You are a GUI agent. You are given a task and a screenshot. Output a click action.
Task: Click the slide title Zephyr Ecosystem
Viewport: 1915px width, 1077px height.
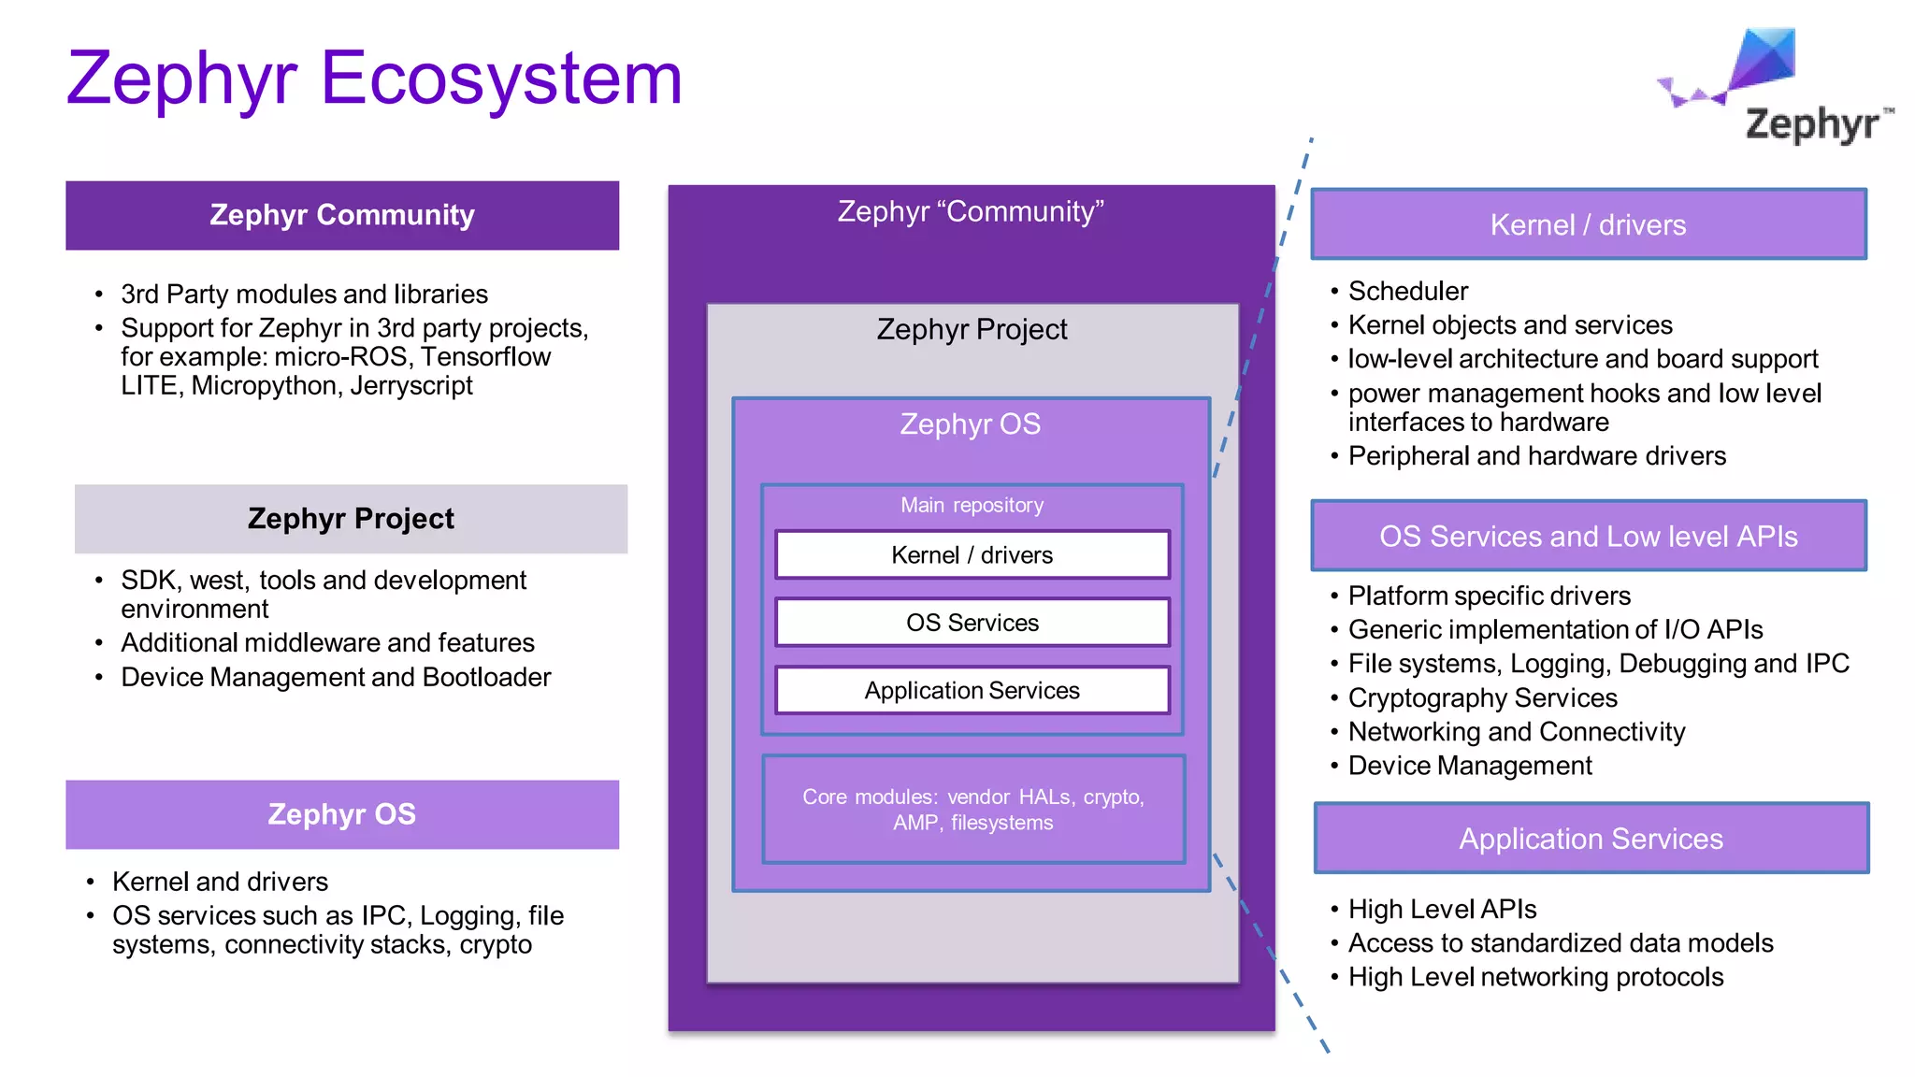click(374, 79)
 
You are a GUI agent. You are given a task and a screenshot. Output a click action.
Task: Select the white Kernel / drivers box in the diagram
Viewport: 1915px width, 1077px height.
click(972, 555)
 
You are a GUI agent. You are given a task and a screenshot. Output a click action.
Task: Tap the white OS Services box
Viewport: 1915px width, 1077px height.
click(972, 623)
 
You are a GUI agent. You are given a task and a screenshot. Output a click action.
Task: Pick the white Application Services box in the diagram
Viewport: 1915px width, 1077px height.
click(972, 691)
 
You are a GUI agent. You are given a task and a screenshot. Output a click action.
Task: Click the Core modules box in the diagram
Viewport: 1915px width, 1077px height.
click(972, 810)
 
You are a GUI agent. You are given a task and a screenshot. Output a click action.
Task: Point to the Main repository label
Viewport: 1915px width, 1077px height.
click(972, 505)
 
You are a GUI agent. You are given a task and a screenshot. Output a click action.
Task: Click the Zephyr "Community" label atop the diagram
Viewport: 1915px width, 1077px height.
click(971, 211)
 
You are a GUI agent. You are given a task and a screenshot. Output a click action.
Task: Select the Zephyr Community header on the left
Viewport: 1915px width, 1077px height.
click(342, 215)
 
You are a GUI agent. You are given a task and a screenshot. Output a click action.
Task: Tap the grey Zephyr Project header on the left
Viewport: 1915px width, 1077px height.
click(351, 519)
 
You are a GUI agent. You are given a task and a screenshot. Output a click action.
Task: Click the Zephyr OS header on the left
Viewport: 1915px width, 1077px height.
click(342, 814)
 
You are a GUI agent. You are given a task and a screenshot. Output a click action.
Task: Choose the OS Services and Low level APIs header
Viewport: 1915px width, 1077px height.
click(1589, 537)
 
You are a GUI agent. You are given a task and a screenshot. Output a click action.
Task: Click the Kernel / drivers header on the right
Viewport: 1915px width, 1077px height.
click(1588, 224)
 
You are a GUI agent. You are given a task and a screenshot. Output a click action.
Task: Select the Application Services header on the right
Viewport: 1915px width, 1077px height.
click(1591, 839)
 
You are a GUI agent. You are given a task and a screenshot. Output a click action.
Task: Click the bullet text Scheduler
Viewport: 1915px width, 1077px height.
click(1408, 291)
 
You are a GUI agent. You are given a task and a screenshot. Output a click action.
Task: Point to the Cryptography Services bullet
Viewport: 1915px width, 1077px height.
click(1482, 697)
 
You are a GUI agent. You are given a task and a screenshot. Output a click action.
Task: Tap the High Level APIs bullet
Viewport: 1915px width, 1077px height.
click(1442, 909)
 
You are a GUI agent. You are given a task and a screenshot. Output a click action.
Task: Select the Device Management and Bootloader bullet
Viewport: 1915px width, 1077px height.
click(336, 677)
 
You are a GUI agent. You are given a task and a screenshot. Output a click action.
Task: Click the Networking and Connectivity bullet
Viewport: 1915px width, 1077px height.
click(1516, 731)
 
